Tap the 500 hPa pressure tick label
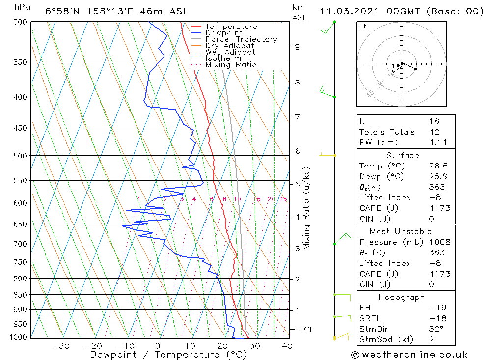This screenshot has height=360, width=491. tap(20, 155)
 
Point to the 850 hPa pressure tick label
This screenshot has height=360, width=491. tap(20, 295)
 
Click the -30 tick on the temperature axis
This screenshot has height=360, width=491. tap(60, 346)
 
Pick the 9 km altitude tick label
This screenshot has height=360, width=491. tap(297, 47)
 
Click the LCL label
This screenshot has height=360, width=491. tap(306, 329)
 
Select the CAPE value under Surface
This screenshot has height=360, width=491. tap(439, 208)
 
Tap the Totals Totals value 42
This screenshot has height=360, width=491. tap(434, 132)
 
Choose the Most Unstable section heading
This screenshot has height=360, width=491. tap(401, 231)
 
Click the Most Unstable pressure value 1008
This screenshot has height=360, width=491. tap(439, 242)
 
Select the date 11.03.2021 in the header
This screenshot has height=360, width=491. tap(349, 11)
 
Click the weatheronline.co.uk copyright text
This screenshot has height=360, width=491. tap(409, 355)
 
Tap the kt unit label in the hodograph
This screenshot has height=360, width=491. tap(363, 26)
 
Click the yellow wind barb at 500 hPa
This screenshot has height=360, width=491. tap(327, 155)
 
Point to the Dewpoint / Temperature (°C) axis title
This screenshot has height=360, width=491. tap(168, 355)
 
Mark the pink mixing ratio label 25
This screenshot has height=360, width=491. tap(283, 199)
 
